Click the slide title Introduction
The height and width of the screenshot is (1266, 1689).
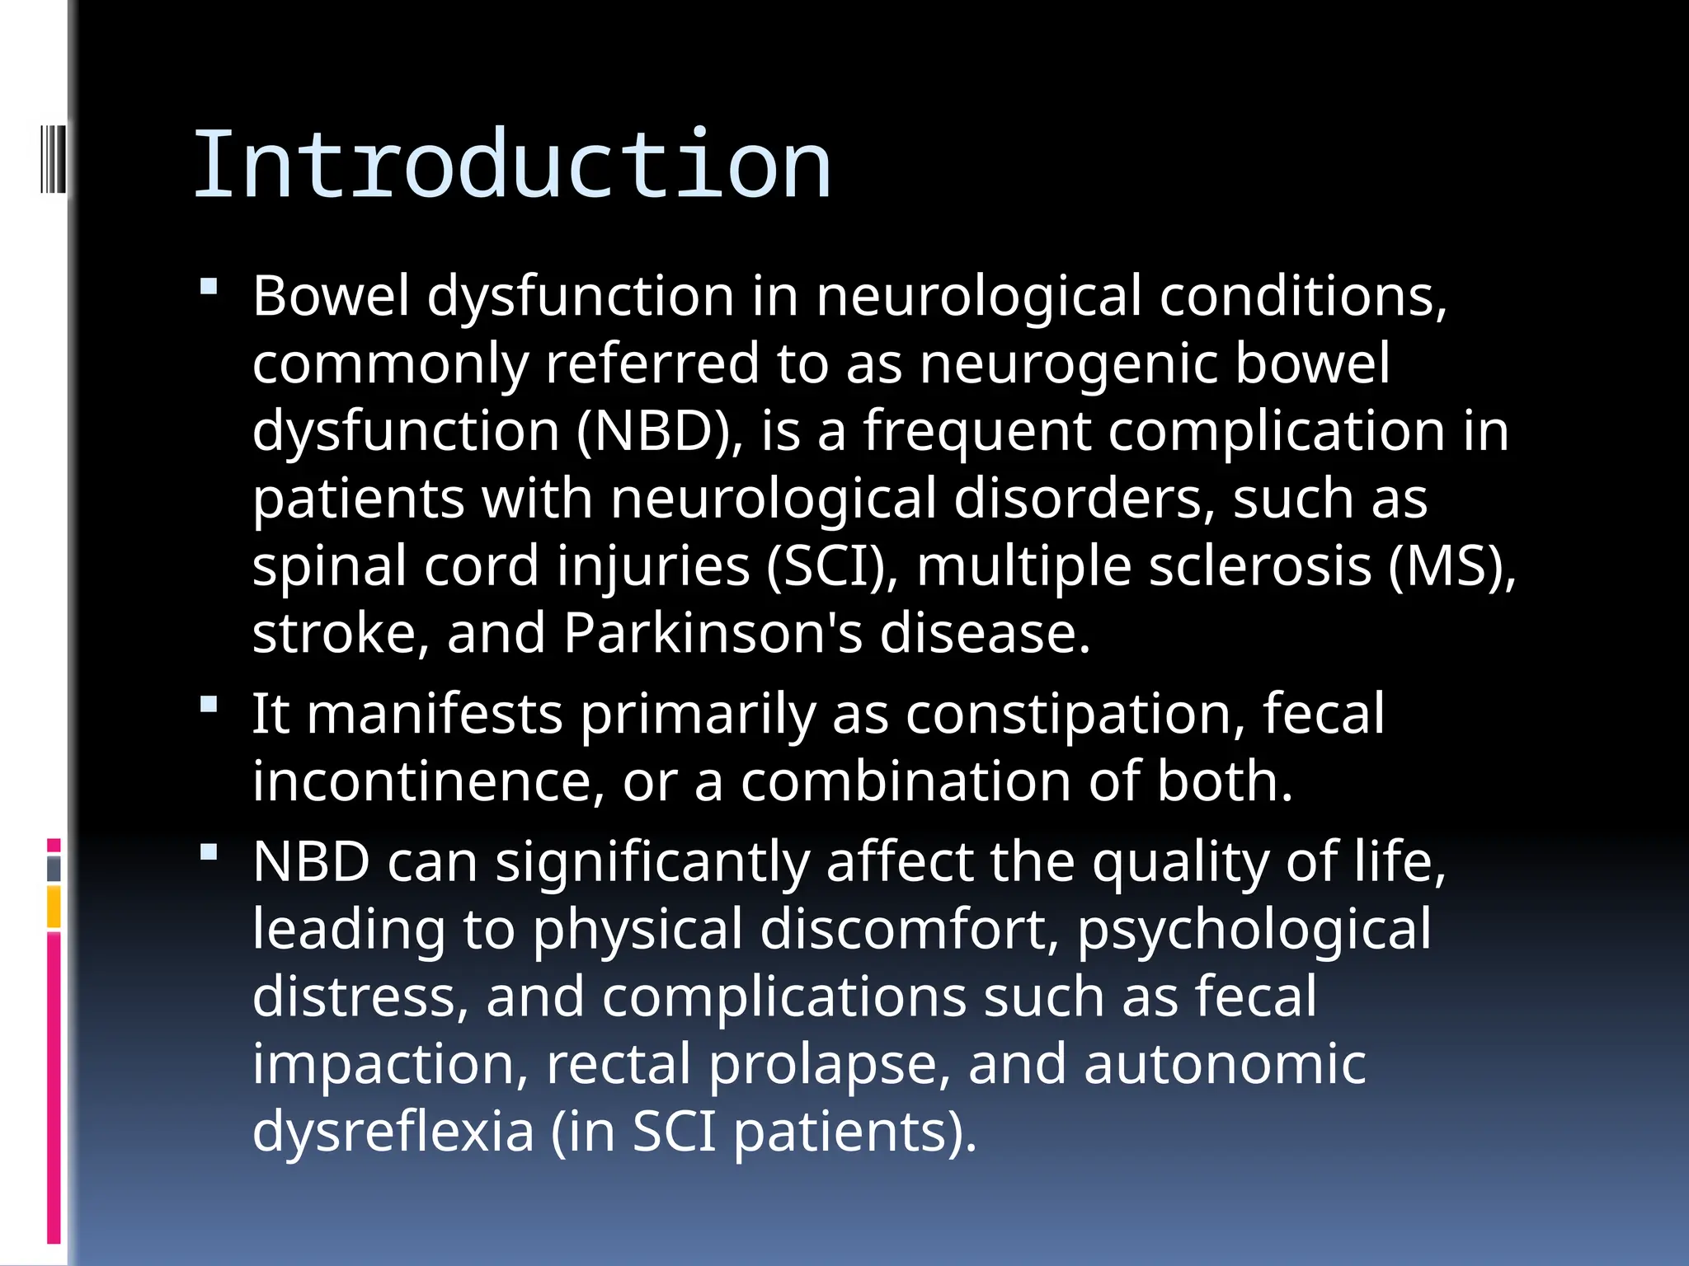(x=512, y=166)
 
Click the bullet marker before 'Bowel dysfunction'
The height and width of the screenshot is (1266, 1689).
(x=209, y=287)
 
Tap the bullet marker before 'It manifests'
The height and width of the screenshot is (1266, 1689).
(x=209, y=705)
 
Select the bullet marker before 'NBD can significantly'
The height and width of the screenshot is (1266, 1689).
(x=209, y=852)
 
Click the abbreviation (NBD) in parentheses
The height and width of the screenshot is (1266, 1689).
(x=658, y=430)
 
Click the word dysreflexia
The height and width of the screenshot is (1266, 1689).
(x=393, y=1132)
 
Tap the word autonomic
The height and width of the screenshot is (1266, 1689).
(x=1225, y=1064)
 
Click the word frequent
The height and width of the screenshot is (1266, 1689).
(x=977, y=430)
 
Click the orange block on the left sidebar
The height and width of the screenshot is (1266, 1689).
(x=54, y=906)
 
